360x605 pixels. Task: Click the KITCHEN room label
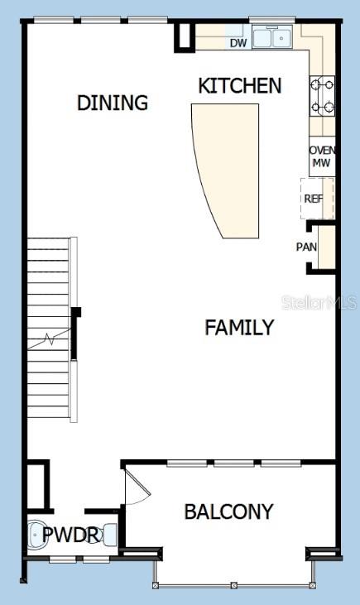pyautogui.click(x=240, y=85)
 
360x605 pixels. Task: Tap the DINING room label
pyautogui.click(x=113, y=103)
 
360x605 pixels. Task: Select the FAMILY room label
pyautogui.click(x=239, y=328)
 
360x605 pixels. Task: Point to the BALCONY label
pyautogui.click(x=228, y=511)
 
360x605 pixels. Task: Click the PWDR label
pyautogui.click(x=71, y=535)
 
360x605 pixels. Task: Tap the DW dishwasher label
pyautogui.click(x=238, y=43)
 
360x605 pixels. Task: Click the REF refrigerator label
pyautogui.click(x=314, y=199)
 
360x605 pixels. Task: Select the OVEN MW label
pyautogui.click(x=322, y=156)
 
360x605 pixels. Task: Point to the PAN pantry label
pyautogui.click(x=306, y=247)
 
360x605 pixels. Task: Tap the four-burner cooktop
pyautogui.click(x=322, y=96)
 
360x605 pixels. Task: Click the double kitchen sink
pyautogui.click(x=272, y=38)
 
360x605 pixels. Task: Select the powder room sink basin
pyautogui.click(x=36, y=535)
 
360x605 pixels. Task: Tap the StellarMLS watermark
pyautogui.click(x=319, y=303)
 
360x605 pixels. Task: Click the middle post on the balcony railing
pyautogui.click(x=233, y=586)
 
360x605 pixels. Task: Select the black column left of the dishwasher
pyautogui.click(x=185, y=37)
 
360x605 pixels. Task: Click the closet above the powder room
pyautogui.click(x=37, y=486)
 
